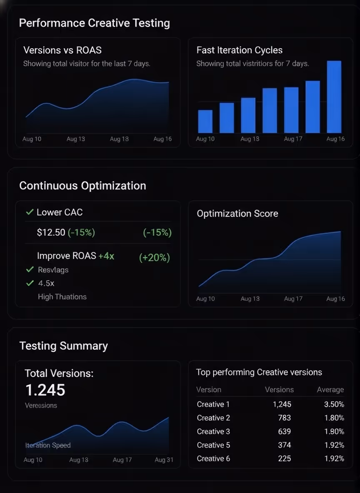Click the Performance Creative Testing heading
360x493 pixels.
(95, 23)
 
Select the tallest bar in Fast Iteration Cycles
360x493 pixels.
(334, 97)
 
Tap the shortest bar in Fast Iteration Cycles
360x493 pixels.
(205, 121)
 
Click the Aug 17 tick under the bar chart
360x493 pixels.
(293, 139)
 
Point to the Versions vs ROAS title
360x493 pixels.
(62, 50)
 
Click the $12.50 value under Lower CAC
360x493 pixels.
(51, 233)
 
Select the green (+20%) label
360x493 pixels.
(154, 258)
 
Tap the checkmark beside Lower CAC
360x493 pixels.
(30, 212)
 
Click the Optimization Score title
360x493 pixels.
(237, 214)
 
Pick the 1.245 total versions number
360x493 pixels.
(45, 390)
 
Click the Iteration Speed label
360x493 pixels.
(48, 446)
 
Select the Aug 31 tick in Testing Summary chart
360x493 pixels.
(164, 460)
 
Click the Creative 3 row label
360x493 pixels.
(213, 431)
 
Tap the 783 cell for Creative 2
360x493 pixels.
(284, 418)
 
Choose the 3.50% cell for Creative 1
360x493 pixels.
(334, 404)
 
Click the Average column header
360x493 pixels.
(330, 390)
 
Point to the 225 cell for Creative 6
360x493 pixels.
(284, 458)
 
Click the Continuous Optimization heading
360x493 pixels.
(82, 186)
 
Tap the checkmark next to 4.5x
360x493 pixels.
(30, 284)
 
